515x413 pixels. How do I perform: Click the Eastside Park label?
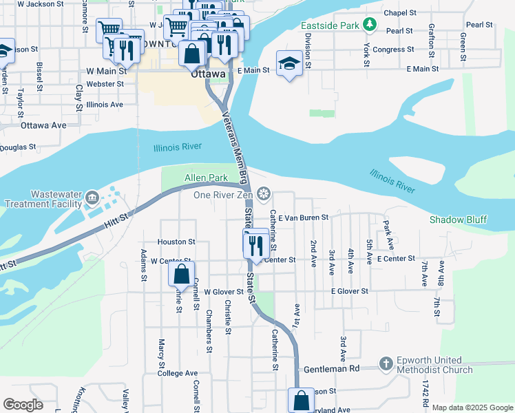click(x=330, y=25)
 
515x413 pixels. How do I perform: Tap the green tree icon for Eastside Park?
click(x=370, y=25)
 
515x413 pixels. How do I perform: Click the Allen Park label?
click(x=206, y=178)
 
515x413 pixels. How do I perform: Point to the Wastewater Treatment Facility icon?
click(x=91, y=200)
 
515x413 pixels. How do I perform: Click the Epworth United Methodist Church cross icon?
click(x=386, y=363)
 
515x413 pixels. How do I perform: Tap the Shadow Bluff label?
click(x=458, y=220)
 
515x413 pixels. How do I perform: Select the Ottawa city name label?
click(x=208, y=74)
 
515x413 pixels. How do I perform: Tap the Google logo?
click(x=23, y=404)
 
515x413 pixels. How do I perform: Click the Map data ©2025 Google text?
click(x=472, y=407)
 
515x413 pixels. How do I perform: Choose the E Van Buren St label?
click(x=303, y=217)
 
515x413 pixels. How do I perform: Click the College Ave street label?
click(x=177, y=373)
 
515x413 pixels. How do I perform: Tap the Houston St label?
click(x=177, y=242)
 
